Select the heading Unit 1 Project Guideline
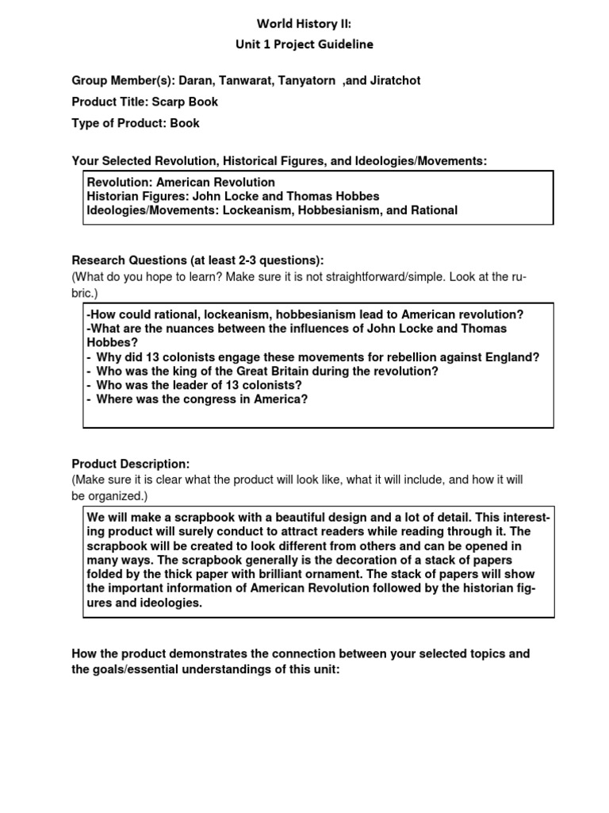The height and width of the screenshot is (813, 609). click(304, 44)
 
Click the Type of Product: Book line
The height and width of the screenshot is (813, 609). click(136, 123)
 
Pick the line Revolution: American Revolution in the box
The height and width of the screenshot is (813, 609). click(181, 183)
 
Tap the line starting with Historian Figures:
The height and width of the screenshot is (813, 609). click(232, 196)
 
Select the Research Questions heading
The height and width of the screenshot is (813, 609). click(197, 260)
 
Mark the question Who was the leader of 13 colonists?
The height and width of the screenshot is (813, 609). click(194, 385)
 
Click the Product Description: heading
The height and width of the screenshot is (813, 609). click(131, 464)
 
